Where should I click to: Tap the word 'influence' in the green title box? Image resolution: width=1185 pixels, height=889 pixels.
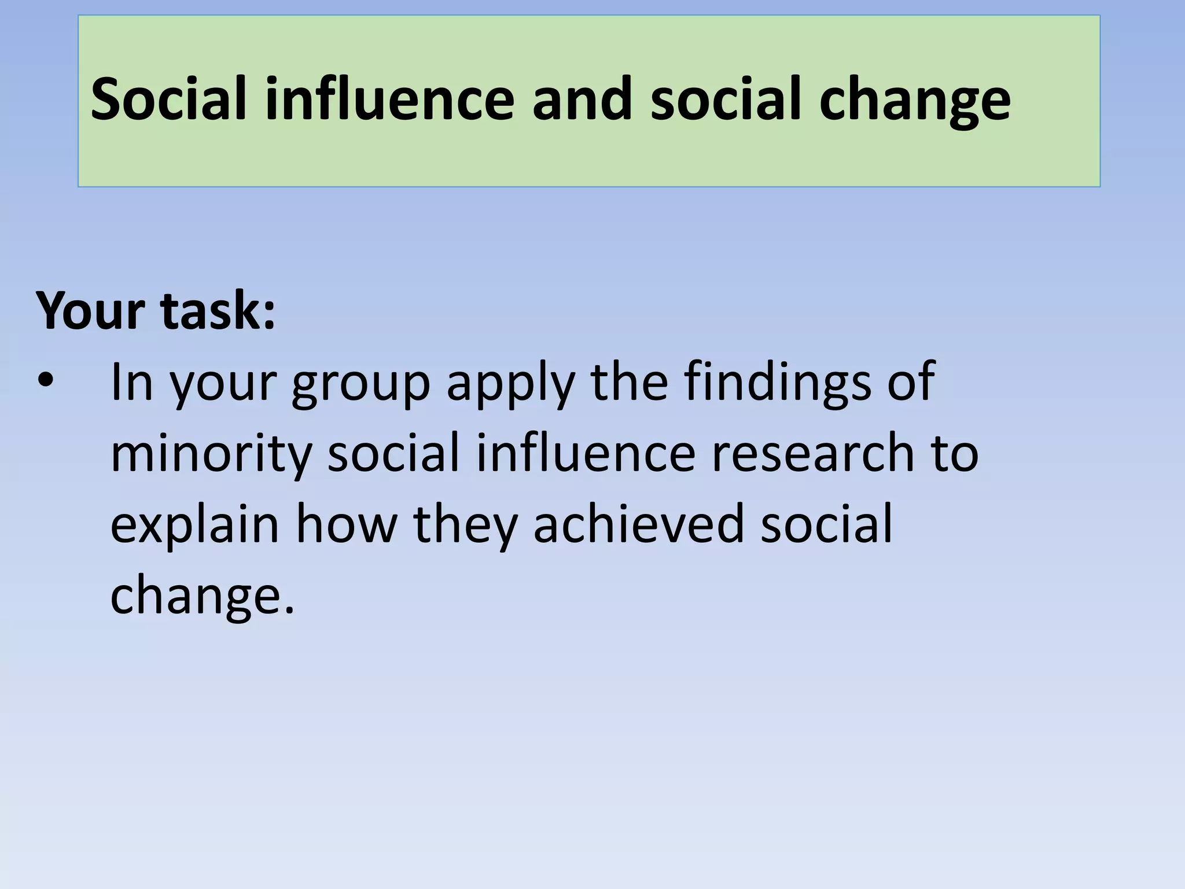(389, 99)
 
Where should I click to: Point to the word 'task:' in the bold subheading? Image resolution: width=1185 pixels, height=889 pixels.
(218, 311)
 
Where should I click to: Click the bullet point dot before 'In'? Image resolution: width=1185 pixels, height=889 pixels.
(45, 382)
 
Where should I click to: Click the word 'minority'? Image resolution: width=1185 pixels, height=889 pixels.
(211, 454)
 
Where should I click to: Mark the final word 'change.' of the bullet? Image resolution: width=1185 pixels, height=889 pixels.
(203, 596)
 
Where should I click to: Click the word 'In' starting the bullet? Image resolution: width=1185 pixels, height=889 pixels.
(132, 382)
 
